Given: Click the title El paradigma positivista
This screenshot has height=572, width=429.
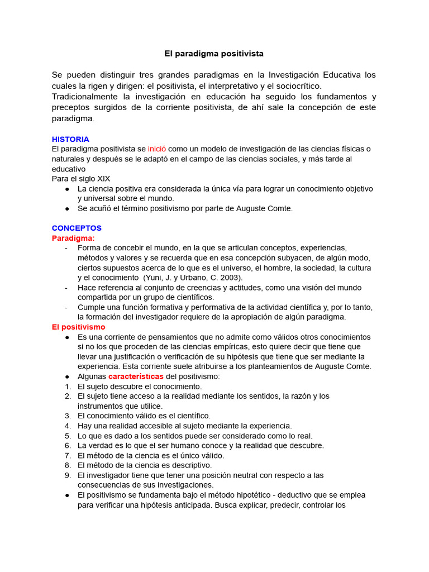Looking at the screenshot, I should (x=214, y=54).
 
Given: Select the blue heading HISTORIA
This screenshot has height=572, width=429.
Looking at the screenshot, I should (x=70, y=139).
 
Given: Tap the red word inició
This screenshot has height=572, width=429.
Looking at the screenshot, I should (x=158, y=149).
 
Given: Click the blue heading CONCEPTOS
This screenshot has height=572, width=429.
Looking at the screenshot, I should (x=77, y=228).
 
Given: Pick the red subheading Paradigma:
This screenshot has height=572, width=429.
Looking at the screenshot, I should (x=73, y=238).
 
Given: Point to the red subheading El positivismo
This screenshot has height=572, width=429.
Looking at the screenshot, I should (x=78, y=327).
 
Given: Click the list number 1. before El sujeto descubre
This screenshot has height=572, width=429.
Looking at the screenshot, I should (x=68, y=387).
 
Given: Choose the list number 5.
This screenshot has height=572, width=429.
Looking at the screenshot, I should (x=68, y=436).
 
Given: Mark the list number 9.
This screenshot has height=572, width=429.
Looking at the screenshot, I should (x=68, y=475).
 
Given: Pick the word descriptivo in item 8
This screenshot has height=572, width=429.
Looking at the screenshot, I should (x=192, y=465).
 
